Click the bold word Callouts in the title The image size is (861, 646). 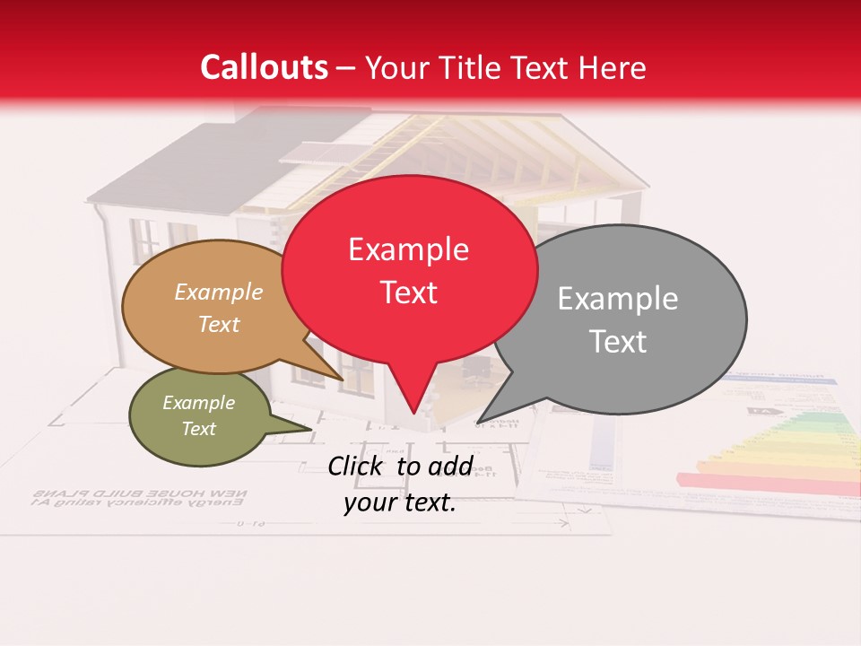265,67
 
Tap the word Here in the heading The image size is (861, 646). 613,67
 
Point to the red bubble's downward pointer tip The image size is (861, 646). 413,414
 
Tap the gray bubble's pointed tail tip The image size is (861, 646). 477,422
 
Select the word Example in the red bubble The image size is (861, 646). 408,249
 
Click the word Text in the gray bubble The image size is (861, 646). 618,342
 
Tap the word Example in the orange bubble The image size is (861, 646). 219,292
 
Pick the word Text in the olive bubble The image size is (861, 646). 198,429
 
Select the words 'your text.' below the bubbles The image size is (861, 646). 400,502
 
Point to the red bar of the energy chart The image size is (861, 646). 762,483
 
